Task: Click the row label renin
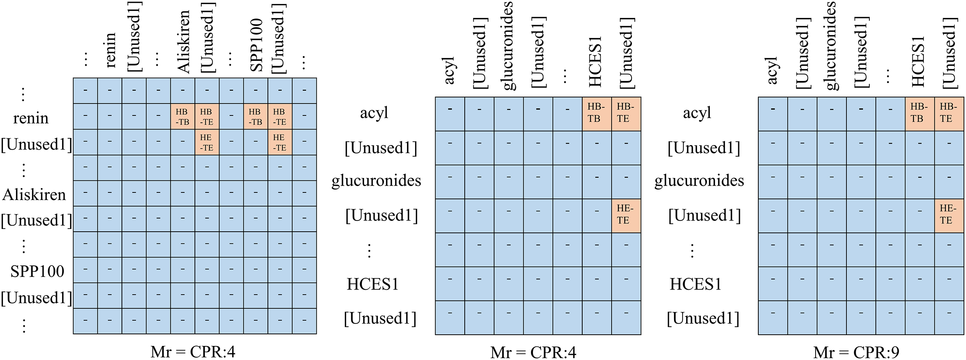30,118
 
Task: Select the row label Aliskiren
34,195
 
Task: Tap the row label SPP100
37,271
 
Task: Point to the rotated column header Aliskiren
183,42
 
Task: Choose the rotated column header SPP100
256,45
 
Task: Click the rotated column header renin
109,50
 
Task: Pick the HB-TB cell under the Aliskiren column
182,117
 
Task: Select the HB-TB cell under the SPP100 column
255,117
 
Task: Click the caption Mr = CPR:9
856,352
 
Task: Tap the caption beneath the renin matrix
192,352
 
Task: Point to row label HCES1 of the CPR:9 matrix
696,284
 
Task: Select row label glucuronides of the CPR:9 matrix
699,181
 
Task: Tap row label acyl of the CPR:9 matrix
697,113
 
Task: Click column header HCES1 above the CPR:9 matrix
918,61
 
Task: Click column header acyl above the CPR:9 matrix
772,71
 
